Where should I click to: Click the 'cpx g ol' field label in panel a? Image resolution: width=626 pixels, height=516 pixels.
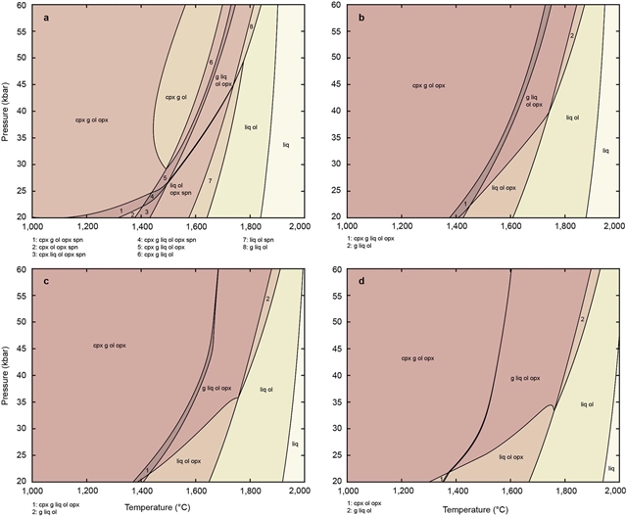click(175, 98)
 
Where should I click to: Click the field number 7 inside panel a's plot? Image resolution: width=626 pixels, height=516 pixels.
click(210, 181)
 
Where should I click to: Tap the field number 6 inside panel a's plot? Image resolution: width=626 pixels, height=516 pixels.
click(211, 63)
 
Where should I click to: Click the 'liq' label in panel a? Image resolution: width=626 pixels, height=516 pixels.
click(286, 146)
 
